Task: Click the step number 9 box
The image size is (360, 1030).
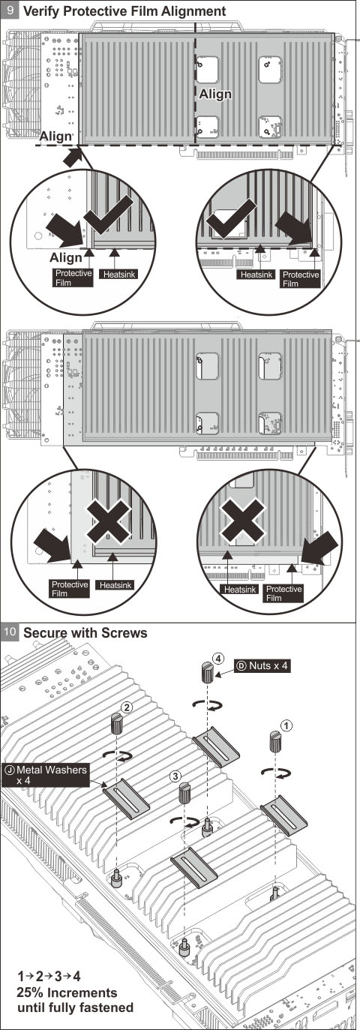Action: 10,11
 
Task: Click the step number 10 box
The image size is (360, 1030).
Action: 10,632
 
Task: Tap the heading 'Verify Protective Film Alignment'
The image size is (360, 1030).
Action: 124,11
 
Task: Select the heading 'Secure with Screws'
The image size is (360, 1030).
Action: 85,632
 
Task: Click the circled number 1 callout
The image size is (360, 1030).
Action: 285,725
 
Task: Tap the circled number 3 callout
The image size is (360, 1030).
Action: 175,775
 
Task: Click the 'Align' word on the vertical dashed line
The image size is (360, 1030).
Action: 215,95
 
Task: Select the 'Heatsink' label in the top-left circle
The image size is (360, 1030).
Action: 116,275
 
